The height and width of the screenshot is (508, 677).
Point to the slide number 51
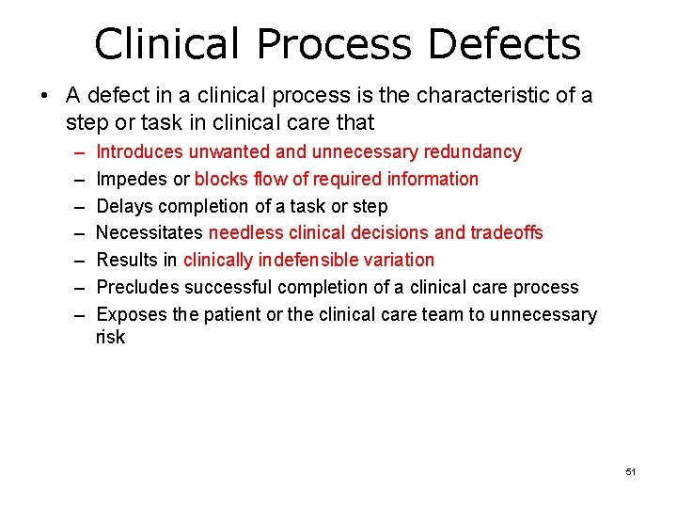630,471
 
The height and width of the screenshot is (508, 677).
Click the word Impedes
130,179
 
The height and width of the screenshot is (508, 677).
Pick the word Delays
123,206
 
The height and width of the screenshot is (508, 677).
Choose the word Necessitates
149,232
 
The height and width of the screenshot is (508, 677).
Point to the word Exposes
132,314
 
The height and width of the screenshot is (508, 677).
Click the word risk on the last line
110,337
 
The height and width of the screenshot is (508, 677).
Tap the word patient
232,314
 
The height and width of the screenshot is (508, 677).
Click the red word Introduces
139,151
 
